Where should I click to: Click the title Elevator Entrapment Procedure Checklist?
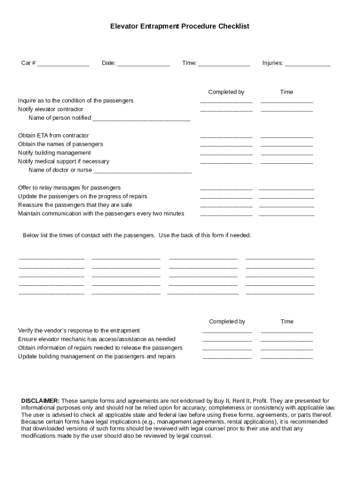coord(180,27)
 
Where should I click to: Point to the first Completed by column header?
coord(226,92)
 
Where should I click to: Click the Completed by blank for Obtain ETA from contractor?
coord(226,137)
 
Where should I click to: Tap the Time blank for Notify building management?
coord(287,154)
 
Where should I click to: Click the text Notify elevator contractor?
coord(50,109)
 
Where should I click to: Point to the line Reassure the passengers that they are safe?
coord(75,205)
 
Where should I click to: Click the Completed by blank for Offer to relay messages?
coord(226,189)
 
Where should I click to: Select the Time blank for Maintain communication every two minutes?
coord(287,215)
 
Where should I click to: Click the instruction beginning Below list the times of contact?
coord(137,235)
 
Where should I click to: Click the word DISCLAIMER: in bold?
coord(40,401)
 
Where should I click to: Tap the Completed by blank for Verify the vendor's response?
coord(227,331)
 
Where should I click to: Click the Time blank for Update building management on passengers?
coord(287,357)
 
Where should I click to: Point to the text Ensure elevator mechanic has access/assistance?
coord(97,339)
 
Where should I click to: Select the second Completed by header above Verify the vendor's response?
coord(227,321)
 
